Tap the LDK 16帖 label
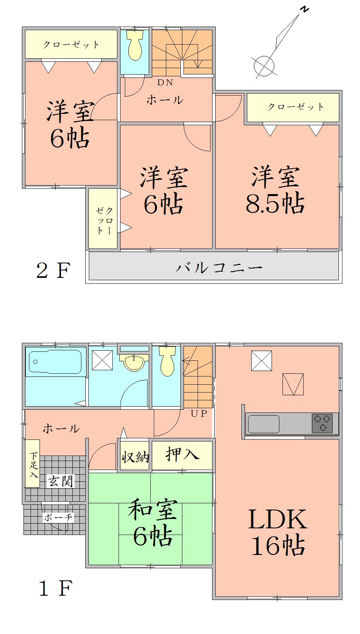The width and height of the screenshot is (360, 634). point(277,532)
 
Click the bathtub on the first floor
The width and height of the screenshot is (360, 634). point(55,362)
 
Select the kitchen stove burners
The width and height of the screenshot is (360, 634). point(322,423)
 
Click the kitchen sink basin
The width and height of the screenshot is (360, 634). point(264,424)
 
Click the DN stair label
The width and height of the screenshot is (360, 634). point(165,83)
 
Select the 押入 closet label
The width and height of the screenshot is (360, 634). point(182,455)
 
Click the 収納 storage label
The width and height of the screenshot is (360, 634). point(135,457)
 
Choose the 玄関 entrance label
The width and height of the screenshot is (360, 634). point(61,480)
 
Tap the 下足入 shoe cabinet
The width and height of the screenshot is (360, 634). point(33,464)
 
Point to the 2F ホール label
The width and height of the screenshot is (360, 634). point(165,100)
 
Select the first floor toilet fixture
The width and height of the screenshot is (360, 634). point(166,362)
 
